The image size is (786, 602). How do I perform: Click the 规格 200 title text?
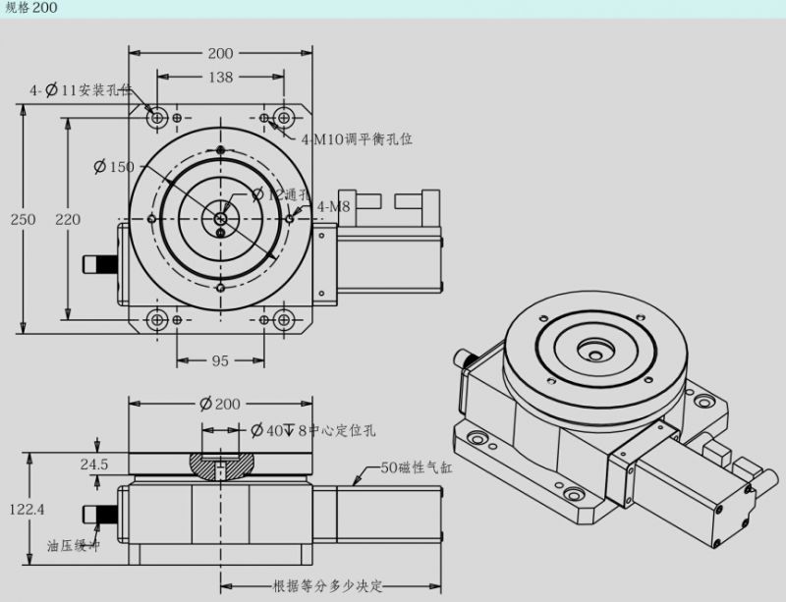coord(31,8)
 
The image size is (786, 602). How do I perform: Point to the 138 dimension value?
coord(220,77)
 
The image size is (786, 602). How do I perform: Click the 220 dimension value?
coord(68,219)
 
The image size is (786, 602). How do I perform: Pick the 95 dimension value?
coord(220,361)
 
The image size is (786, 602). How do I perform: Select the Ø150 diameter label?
coord(113,167)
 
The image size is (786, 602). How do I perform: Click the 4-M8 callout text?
coord(334,206)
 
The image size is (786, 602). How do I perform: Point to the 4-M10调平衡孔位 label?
coord(356,139)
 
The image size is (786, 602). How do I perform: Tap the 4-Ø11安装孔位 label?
coord(81,90)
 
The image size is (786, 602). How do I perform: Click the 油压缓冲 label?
coord(74,546)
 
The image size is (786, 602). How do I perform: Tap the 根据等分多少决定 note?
coord(327,587)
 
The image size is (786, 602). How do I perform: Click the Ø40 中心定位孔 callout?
coord(312,430)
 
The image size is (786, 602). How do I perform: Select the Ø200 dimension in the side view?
coord(220,404)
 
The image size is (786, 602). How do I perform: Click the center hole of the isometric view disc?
coord(593,347)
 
